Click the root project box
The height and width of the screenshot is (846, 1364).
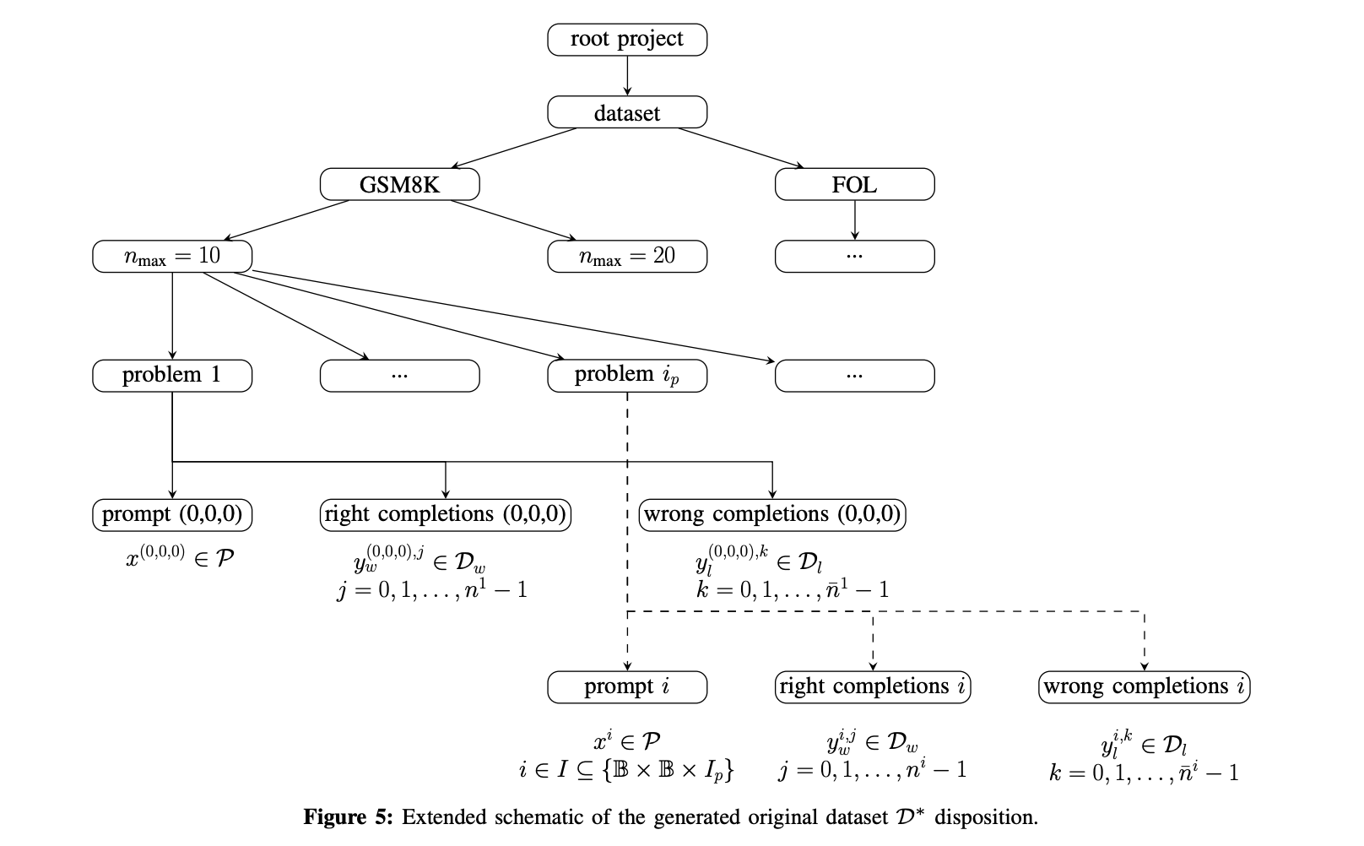point(626,40)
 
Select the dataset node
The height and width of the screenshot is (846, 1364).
point(626,112)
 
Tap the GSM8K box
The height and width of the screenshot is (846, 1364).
point(399,184)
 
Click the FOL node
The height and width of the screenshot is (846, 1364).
point(854,184)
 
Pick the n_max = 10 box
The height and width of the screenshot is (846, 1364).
point(172,256)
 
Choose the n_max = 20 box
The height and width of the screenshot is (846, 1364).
point(626,256)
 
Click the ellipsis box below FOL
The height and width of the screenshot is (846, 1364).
point(854,256)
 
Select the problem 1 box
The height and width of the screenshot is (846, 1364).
point(172,375)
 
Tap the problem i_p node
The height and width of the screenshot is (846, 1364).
point(626,375)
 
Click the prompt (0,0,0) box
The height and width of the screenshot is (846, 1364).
point(172,514)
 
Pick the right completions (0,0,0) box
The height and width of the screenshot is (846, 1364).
point(445,514)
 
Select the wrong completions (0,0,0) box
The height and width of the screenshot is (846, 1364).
point(772,514)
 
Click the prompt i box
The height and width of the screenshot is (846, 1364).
point(626,686)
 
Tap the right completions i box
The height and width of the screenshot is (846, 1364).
point(873,686)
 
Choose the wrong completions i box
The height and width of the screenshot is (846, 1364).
point(1144,686)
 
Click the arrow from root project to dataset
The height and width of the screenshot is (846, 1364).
point(627,76)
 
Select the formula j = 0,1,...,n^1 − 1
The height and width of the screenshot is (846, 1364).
point(432,589)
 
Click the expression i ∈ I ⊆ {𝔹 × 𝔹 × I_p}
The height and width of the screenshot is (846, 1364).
point(626,769)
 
